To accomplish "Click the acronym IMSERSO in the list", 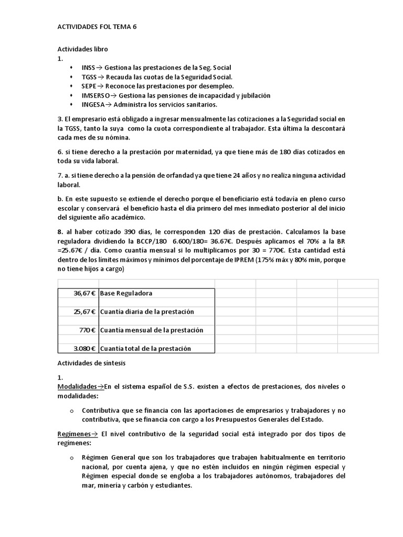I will [x=96, y=95].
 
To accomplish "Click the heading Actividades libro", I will [x=82, y=49].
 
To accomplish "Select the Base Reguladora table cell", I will [x=126, y=293].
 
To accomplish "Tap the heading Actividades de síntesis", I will [x=91, y=363].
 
